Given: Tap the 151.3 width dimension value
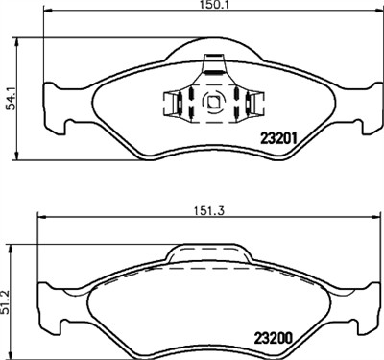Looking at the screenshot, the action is (x=209, y=210).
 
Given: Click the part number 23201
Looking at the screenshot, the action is (x=279, y=138).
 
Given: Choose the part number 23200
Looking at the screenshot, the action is (x=274, y=338).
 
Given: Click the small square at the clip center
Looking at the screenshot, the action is (x=213, y=102).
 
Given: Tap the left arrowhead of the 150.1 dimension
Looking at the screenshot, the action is (x=47, y=11).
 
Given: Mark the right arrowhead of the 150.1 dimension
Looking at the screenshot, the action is (x=379, y=11).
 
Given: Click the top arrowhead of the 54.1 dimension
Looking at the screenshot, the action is (x=16, y=41).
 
